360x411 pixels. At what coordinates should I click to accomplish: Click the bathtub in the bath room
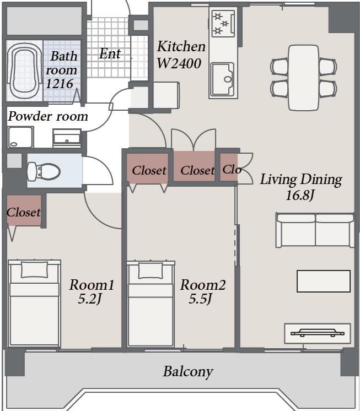coord(25,71)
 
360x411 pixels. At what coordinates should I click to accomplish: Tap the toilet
coord(44,172)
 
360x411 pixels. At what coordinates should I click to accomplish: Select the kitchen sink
coord(223,79)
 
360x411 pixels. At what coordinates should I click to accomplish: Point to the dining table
coord(304,78)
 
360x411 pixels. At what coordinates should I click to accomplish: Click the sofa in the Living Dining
coord(315,230)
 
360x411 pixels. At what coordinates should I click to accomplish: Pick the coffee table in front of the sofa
coord(324,281)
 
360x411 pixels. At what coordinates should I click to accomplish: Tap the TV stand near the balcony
coord(318,333)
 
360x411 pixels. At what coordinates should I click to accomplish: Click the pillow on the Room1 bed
coord(35,269)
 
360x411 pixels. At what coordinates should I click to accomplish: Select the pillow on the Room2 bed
coord(151,271)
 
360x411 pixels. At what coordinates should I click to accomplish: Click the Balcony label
coord(188,372)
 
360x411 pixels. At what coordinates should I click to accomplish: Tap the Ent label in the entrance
coord(110,54)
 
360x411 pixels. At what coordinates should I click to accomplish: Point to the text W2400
coord(179,63)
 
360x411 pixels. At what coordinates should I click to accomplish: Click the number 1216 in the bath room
coord(59,84)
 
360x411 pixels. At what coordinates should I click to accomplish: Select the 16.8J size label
coord(300,195)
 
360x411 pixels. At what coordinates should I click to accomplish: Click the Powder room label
coord(48,117)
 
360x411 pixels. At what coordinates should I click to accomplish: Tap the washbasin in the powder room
coord(67,138)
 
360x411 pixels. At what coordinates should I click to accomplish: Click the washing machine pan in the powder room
coord(20,137)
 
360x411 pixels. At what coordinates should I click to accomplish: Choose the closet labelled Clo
coord(229,167)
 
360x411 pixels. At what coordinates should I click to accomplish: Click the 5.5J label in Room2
coord(201,299)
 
